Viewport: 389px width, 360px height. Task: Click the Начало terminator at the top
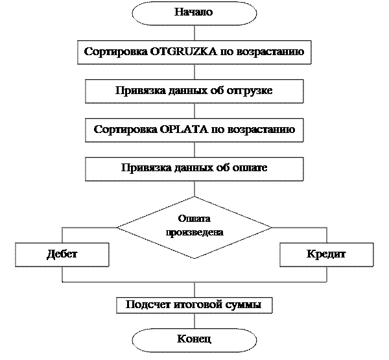click(x=194, y=13)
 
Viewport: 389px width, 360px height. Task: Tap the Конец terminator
click(x=194, y=339)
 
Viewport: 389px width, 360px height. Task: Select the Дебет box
click(x=62, y=254)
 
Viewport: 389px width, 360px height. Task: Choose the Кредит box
click(x=326, y=254)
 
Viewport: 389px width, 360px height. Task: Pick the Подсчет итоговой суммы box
click(x=194, y=305)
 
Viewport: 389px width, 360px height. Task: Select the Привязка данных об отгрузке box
click(x=194, y=90)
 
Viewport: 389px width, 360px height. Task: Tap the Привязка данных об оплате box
click(x=194, y=168)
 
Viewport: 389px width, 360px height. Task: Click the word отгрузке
click(x=249, y=90)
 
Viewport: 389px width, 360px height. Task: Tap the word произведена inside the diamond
click(x=194, y=232)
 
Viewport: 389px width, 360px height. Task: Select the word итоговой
click(x=193, y=305)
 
